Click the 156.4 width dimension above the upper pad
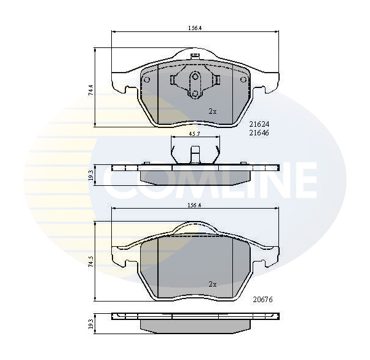coord(194,28)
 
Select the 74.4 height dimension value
coord(92,90)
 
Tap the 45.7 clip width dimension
coord(195,134)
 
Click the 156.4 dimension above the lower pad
coord(194,206)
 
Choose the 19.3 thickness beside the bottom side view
coord(92,324)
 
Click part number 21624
coord(259,124)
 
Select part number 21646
coord(259,133)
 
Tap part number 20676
coord(262,300)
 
